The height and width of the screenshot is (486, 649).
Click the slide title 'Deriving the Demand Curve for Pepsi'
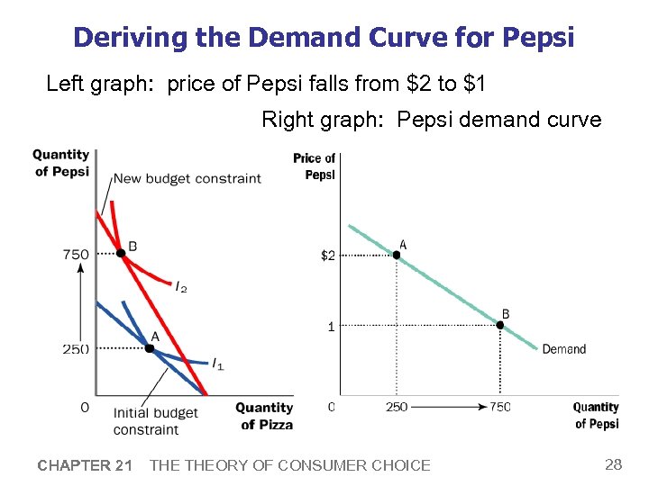pyautogui.click(x=324, y=37)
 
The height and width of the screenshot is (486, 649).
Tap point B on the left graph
pyautogui.click(x=121, y=253)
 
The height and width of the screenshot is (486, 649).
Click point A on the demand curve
pyautogui.click(x=397, y=255)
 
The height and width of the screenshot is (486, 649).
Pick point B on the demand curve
pyautogui.click(x=500, y=325)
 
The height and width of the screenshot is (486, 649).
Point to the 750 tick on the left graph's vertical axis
pyautogui.click(x=76, y=254)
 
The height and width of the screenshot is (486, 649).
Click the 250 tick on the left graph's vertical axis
pyautogui.click(x=76, y=348)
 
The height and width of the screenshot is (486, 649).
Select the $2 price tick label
pyautogui.click(x=328, y=256)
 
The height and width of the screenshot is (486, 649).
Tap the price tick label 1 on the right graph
pyautogui.click(x=331, y=326)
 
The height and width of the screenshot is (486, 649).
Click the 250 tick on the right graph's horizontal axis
pyautogui.click(x=397, y=407)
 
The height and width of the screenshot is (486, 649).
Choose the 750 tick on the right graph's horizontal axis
pyautogui.click(x=500, y=407)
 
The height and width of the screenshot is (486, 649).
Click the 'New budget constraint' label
pyautogui.click(x=187, y=178)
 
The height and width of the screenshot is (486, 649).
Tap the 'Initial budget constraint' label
pyautogui.click(x=155, y=421)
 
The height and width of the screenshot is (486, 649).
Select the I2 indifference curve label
pyautogui.click(x=181, y=286)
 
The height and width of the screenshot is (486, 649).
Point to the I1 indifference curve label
pyautogui.click(x=217, y=364)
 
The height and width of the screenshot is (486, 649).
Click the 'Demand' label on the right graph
pyautogui.click(x=563, y=349)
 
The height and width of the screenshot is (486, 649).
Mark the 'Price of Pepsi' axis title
pyautogui.click(x=315, y=166)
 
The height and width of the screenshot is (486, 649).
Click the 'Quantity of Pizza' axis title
pyautogui.click(x=264, y=416)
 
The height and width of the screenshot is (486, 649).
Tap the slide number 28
pyautogui.click(x=613, y=464)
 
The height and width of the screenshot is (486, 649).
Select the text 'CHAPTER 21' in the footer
pyautogui.click(x=85, y=465)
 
